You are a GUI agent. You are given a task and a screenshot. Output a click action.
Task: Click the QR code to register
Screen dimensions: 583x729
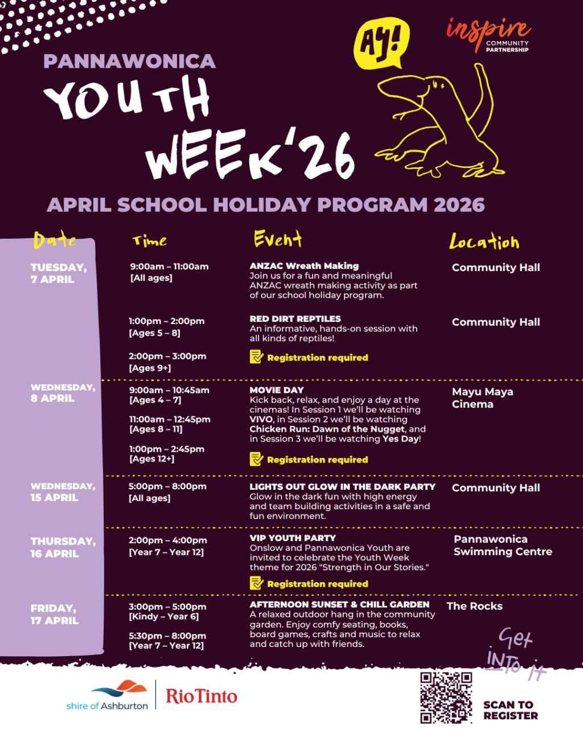(x=446, y=697)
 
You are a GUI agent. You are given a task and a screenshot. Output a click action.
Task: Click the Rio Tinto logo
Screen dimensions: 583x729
(x=202, y=696)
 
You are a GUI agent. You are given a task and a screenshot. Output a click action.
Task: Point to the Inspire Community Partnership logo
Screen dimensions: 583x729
(x=488, y=34)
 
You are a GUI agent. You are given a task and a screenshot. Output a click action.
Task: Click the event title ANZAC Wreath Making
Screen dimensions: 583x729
(x=304, y=266)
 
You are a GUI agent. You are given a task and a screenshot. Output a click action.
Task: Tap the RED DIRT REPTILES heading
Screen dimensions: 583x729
(x=295, y=319)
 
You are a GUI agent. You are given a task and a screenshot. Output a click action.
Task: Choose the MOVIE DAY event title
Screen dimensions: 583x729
(x=277, y=390)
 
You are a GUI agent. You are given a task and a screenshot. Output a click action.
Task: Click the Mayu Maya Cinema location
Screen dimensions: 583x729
(x=482, y=398)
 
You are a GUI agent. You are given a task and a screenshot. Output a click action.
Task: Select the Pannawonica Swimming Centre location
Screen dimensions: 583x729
(x=502, y=546)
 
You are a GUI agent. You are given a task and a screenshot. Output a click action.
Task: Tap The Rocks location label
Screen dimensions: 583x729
(x=475, y=607)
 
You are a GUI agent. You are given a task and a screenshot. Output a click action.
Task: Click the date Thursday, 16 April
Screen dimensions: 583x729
(x=63, y=547)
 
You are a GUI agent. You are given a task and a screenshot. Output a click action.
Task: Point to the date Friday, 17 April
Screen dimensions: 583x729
(x=55, y=615)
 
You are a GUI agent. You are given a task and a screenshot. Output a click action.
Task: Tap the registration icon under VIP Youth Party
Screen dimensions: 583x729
(x=256, y=583)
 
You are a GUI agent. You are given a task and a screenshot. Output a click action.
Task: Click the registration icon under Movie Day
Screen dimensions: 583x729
(x=256, y=459)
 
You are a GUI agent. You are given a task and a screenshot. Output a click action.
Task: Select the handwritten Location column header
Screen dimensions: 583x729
(x=484, y=242)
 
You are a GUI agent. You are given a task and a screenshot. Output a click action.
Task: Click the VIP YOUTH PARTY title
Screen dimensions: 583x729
(x=293, y=538)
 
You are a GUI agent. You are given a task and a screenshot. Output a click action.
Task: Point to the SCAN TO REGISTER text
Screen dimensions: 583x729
(x=510, y=710)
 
